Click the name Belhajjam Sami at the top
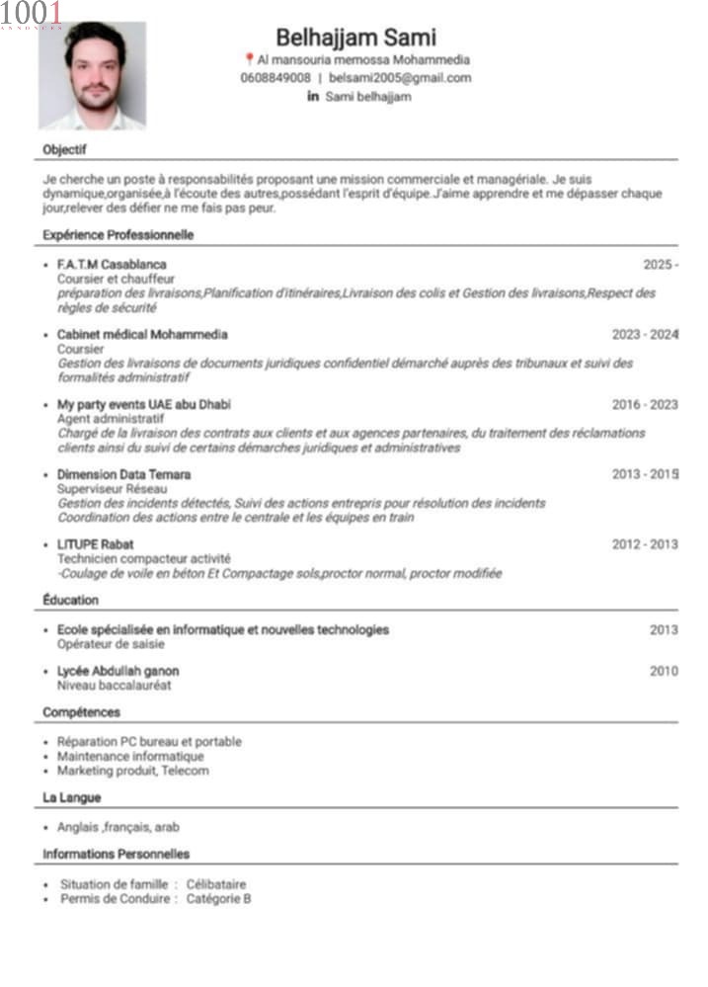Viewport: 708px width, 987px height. (355, 38)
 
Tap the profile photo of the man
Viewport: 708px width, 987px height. (92, 75)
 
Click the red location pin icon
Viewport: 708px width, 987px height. (248, 59)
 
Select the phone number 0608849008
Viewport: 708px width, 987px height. (275, 77)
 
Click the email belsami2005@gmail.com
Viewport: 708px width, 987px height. (400, 77)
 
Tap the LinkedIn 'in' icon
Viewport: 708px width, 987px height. (313, 96)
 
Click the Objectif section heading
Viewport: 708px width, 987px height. (64, 149)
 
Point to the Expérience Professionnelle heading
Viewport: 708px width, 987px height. (118, 235)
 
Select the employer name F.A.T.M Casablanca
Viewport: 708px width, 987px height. (112, 265)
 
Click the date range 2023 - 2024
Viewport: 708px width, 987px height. (645, 335)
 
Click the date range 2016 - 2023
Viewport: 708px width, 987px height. (645, 405)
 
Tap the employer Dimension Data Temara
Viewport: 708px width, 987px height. (123, 475)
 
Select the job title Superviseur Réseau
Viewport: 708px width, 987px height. (112, 489)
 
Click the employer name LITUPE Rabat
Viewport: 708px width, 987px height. (96, 544)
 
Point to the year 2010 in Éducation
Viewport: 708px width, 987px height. (664, 672)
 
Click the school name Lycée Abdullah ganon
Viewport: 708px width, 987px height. (118, 672)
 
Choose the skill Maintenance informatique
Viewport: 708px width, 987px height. (130, 757)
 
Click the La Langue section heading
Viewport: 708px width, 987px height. (71, 797)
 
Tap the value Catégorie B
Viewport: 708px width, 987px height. (218, 899)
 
